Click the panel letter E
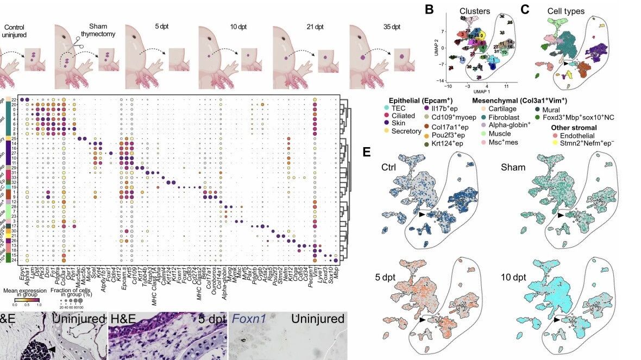[367, 151]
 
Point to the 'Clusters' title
[475, 11]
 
